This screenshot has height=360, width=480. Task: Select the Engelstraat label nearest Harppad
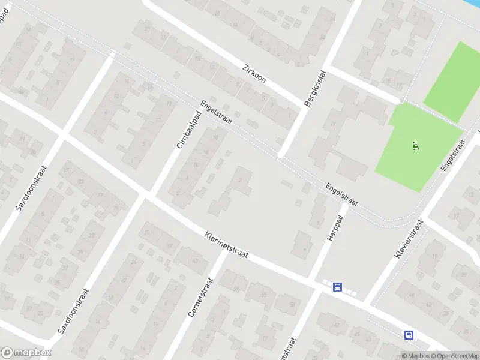point(341,194)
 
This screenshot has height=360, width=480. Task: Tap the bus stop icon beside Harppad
point(338,287)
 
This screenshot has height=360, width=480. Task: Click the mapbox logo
point(26,353)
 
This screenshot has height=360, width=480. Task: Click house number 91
point(22,139)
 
